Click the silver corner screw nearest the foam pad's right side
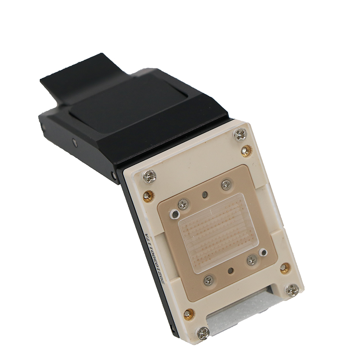click(292, 290)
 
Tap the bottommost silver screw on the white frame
click(203, 333)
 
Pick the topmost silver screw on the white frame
click(240, 134)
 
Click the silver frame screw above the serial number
click(149, 176)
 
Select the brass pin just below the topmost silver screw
click(245, 151)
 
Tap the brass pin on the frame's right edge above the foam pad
click(284, 269)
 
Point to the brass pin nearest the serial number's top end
click(148, 196)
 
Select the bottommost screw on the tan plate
click(208, 280)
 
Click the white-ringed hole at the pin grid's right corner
click(263, 253)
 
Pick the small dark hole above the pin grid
click(205, 195)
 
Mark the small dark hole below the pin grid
click(230, 271)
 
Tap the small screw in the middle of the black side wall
click(75, 143)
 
